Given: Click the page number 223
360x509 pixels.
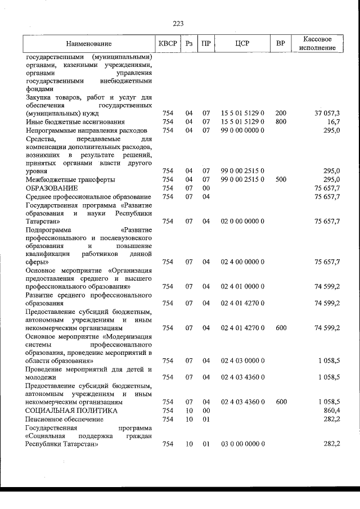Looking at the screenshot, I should click(179, 23).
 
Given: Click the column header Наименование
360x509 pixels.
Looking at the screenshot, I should click(88, 44).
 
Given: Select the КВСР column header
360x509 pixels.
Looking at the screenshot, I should click(168, 44).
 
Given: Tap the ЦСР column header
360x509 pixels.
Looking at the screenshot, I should click(242, 44).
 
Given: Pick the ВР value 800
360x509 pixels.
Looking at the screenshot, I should click(281, 121).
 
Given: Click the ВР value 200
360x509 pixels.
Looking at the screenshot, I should click(281, 113).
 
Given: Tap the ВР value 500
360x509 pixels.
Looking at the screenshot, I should click(281, 179).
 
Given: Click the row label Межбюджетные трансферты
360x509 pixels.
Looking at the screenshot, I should click(70, 179).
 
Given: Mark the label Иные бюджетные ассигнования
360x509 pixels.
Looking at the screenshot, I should click(75, 121).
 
